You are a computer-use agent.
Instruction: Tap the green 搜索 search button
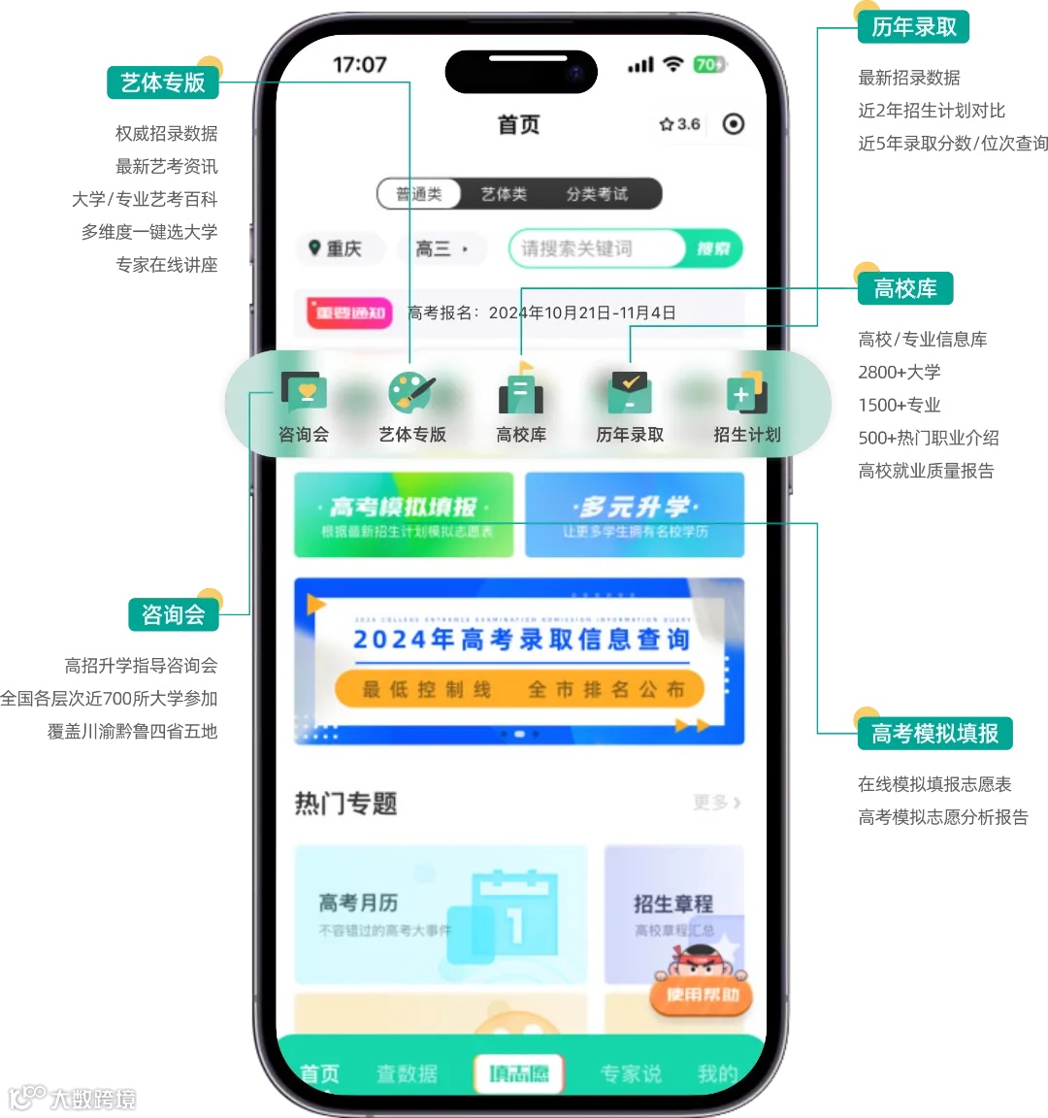(x=713, y=248)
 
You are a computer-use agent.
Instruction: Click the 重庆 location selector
(x=336, y=249)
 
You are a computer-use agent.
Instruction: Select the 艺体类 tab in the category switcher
(x=504, y=194)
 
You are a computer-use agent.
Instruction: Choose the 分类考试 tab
(x=597, y=194)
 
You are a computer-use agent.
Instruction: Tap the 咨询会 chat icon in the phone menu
(x=304, y=393)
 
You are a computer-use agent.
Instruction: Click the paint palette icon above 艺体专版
(x=411, y=393)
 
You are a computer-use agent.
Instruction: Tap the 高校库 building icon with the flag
(x=521, y=391)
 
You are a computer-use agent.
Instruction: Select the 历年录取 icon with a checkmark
(x=630, y=393)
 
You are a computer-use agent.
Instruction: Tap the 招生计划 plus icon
(x=746, y=393)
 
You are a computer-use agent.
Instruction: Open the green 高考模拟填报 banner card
(x=404, y=515)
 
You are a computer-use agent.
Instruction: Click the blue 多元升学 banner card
(x=635, y=515)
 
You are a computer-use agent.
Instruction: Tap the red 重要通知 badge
(x=349, y=312)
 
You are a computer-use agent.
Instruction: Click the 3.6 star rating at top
(x=679, y=124)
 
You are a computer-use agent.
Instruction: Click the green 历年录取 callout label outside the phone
(x=913, y=27)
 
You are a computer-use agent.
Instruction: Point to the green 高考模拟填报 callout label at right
(x=934, y=734)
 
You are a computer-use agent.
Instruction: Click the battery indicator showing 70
(x=708, y=65)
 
